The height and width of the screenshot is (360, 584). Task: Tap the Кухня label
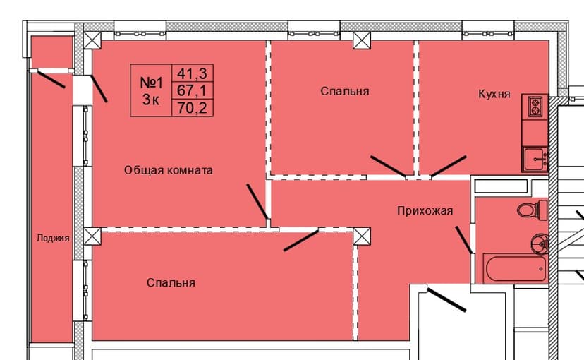click(x=494, y=94)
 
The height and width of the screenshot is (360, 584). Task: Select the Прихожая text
click(x=424, y=210)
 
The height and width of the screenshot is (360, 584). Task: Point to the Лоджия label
click(x=53, y=239)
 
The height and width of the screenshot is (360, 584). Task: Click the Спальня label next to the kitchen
click(x=344, y=91)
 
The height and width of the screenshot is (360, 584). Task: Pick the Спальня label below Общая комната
click(x=171, y=282)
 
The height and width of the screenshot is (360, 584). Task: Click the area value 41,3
click(x=195, y=72)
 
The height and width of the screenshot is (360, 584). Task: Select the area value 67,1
click(x=195, y=90)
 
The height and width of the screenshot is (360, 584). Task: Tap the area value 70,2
click(x=195, y=107)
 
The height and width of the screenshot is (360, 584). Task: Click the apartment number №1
click(x=151, y=81)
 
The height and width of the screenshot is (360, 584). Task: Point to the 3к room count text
click(x=151, y=100)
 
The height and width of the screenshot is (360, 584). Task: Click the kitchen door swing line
click(x=449, y=166)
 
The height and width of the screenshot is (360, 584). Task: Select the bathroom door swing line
click(x=463, y=240)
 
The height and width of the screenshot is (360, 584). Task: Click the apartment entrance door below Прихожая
click(x=447, y=299)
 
